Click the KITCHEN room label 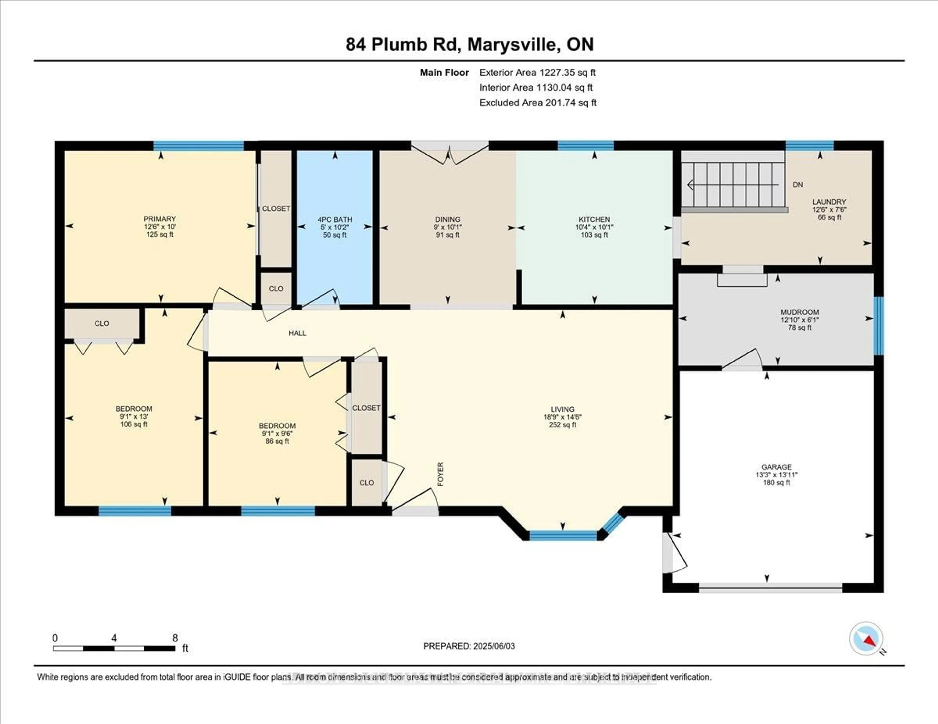click(x=594, y=219)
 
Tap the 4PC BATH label click(x=335, y=219)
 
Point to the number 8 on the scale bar click(x=175, y=638)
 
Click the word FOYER click(x=440, y=474)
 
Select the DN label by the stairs click(x=798, y=185)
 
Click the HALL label click(x=297, y=333)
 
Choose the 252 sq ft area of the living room click(x=562, y=425)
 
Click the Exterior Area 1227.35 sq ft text click(x=537, y=72)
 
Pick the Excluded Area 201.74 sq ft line click(x=538, y=103)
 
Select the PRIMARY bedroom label click(x=160, y=219)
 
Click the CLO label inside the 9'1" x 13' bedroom click(x=102, y=323)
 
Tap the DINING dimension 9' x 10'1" click(x=448, y=227)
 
